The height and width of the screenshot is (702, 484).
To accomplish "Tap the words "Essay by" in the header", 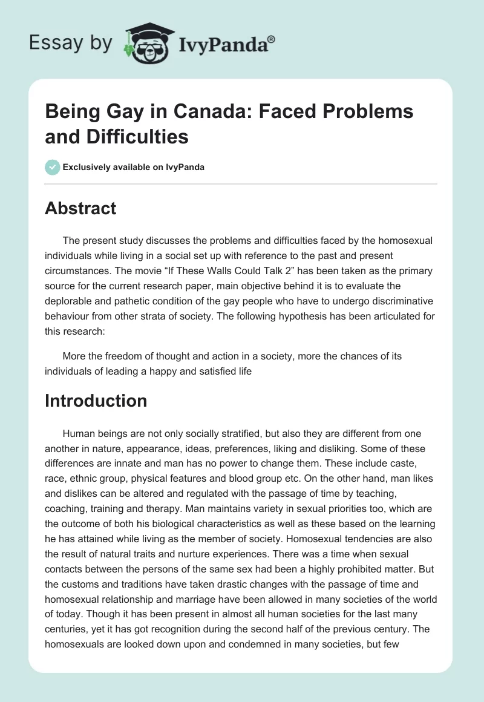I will [71, 43].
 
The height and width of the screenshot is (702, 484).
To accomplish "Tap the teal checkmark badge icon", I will [52, 167].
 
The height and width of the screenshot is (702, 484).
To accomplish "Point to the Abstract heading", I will [80, 208].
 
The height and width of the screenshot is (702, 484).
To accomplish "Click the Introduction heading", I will [96, 401].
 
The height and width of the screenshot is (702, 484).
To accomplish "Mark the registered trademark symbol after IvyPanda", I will [272, 39].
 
